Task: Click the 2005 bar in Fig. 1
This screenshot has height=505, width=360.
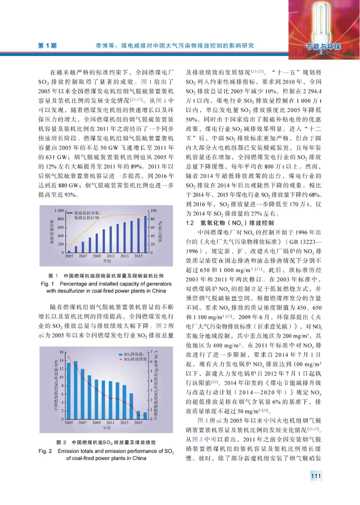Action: (69, 252)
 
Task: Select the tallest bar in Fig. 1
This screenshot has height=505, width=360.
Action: (145, 234)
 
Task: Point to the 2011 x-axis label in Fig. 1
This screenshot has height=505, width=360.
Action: (110, 256)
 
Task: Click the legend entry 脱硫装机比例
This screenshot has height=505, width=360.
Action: (86, 218)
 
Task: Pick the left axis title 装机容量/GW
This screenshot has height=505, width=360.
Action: (52, 232)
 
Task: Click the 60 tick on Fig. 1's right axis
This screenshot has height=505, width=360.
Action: (153, 227)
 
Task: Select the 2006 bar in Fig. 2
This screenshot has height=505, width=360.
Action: (76, 390)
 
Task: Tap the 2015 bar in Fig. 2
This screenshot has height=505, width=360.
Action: (138, 415)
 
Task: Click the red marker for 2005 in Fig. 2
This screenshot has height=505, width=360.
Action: (69, 358)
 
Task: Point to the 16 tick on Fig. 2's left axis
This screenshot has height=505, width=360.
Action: (61, 352)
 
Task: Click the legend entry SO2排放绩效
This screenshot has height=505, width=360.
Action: (135, 359)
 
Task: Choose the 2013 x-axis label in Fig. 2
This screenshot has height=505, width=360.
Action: (124, 423)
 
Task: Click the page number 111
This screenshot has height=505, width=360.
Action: (315, 476)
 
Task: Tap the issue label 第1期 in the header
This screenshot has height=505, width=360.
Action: (47, 46)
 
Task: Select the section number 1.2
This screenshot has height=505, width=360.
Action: (190, 223)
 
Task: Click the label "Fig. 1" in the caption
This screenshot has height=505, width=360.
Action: (47, 284)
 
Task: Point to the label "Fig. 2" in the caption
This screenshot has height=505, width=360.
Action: (45, 451)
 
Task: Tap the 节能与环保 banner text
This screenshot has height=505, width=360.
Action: (323, 46)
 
